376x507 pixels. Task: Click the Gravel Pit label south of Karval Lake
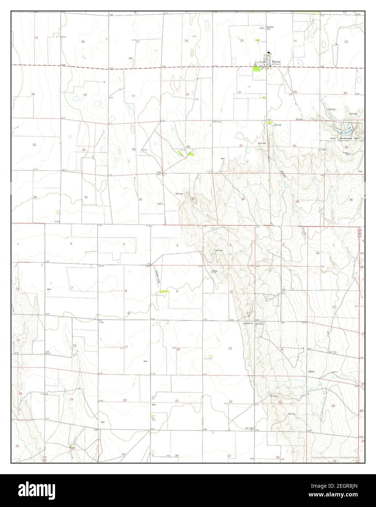click(x=346, y=153)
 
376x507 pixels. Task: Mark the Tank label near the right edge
click(x=360, y=171)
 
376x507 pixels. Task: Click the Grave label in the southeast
click(x=312, y=372)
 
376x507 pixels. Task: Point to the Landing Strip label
click(x=156, y=275)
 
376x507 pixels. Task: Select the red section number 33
click(x=193, y=198)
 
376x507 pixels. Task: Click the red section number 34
click(x=243, y=199)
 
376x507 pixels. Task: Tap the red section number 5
click(x=124, y=244)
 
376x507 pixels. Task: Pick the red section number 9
click(x=177, y=291)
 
